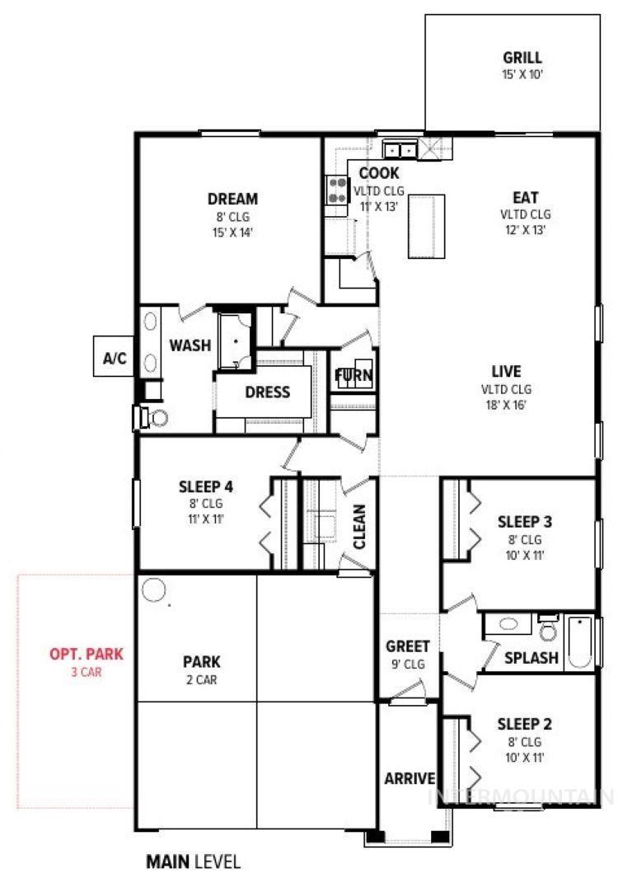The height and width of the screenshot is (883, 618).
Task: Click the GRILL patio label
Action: click(522, 58)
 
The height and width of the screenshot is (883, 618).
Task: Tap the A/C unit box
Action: click(114, 356)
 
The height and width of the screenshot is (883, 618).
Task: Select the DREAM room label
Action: click(232, 199)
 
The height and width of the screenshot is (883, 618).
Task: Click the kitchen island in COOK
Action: click(426, 226)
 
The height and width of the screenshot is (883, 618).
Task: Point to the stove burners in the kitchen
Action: click(337, 190)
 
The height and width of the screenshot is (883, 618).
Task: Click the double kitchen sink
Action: click(400, 150)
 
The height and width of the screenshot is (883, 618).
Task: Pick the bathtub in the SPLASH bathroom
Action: click(579, 642)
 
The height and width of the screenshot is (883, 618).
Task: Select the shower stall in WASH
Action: click(236, 341)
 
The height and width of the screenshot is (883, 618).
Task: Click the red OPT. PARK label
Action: click(87, 654)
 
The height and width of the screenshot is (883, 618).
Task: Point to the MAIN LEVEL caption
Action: click(193, 862)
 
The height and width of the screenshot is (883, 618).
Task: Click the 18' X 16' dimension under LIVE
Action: click(506, 405)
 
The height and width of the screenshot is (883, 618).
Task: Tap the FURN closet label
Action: click(353, 375)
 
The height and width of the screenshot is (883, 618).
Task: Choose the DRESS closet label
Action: click(267, 392)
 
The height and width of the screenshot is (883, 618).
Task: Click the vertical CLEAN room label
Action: click(359, 527)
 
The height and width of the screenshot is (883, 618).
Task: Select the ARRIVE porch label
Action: click(410, 778)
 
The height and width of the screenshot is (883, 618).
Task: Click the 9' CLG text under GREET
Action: click(408, 665)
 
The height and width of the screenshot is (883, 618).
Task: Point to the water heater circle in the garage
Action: click(153, 590)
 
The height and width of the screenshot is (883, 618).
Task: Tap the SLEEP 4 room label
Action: click(205, 486)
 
